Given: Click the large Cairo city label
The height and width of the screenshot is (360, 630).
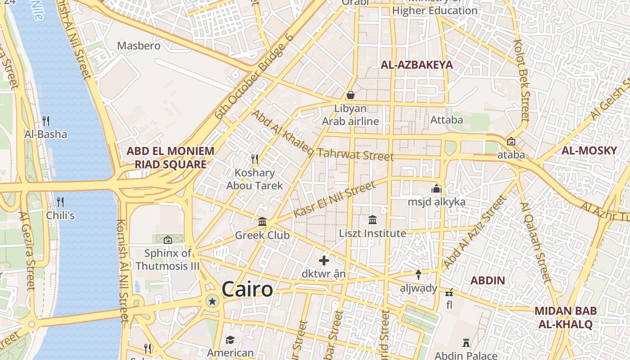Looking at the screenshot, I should pyautogui.click(x=247, y=289).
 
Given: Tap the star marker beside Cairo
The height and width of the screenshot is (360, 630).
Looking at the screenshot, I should pyautogui.click(x=212, y=301).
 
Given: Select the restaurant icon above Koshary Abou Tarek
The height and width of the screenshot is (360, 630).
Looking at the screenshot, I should pyautogui.click(x=255, y=159).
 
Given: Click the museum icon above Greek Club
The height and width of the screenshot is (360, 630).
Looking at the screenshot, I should pyautogui.click(x=262, y=221).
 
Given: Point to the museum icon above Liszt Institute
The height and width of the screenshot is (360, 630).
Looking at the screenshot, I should pyautogui.click(x=373, y=220).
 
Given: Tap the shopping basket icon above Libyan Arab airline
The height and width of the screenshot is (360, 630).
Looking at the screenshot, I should pyautogui.click(x=350, y=95).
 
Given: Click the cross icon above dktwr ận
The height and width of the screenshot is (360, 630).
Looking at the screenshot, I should pyautogui.click(x=324, y=260).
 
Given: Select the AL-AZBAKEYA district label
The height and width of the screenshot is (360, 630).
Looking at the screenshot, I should pyautogui.click(x=417, y=65).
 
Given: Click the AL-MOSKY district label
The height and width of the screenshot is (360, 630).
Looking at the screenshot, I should pyautogui.click(x=589, y=151).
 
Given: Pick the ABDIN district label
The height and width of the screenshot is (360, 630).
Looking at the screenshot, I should pyautogui.click(x=488, y=281).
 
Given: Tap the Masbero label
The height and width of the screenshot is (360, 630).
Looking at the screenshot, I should pyautogui.click(x=139, y=46).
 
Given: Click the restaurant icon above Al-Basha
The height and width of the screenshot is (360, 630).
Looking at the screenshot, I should pyautogui.click(x=46, y=121).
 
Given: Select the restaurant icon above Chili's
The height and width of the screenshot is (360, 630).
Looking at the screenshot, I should pyautogui.click(x=60, y=202).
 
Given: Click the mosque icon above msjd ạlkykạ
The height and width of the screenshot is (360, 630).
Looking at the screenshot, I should pyautogui.click(x=436, y=189).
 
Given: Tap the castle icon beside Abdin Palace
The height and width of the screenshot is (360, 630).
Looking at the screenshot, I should pyautogui.click(x=466, y=343).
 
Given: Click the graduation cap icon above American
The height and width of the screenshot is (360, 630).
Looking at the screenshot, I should pyautogui.click(x=230, y=340).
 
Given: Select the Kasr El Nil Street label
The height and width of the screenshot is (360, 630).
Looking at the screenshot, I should pyautogui.click(x=334, y=199).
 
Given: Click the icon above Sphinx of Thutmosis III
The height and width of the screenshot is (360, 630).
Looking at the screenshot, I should pyautogui.click(x=168, y=240).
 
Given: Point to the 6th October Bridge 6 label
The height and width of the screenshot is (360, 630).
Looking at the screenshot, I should pyautogui.click(x=254, y=76).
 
